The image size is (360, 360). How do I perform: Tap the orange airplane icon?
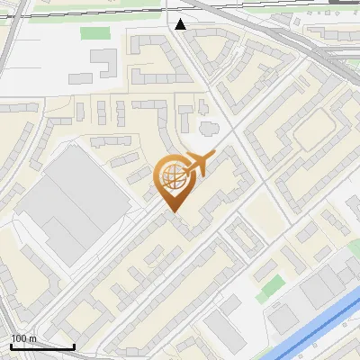[198, 164]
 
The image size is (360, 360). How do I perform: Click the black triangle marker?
[181, 24]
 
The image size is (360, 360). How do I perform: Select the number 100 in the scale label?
[19, 337]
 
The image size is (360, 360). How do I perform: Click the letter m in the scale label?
[33, 337]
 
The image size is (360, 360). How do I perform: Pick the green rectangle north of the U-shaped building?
[94, 33]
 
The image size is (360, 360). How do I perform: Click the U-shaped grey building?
[104, 62]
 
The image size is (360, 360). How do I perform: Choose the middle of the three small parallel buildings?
[101, 112]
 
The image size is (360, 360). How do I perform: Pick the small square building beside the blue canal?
[281, 318]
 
